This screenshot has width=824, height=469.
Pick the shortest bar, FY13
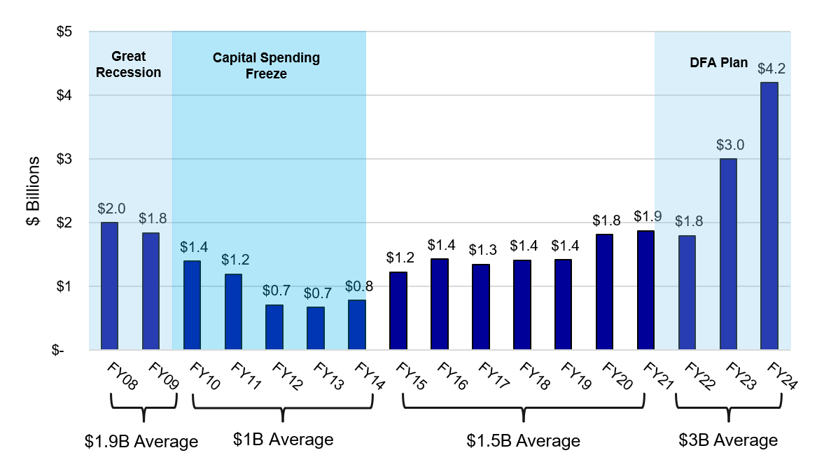[x=315, y=328]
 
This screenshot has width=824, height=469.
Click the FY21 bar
[x=645, y=290]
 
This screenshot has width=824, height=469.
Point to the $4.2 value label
[x=771, y=69]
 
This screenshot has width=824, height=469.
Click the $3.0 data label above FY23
[x=730, y=145]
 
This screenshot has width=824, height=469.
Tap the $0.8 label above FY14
[x=359, y=286]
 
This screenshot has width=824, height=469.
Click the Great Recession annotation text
[x=128, y=64]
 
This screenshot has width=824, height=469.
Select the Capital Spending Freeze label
[x=266, y=65]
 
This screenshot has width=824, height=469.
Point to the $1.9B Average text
[x=141, y=442]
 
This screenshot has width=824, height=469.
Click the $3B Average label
[x=728, y=440]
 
